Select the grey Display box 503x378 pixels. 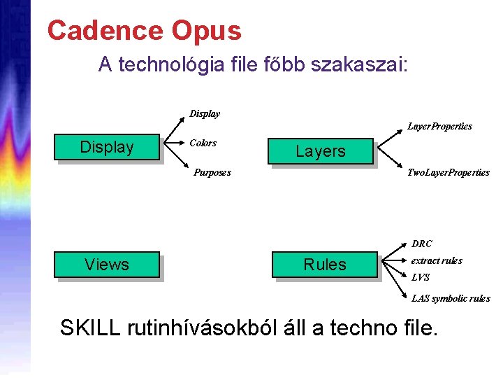tap(107, 147)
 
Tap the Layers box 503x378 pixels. tap(321, 151)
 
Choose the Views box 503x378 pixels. tap(107, 264)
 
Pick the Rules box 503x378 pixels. tap(325, 265)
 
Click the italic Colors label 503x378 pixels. tap(203, 143)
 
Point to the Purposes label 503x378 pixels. tap(212, 171)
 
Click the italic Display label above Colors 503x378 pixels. tap(205, 113)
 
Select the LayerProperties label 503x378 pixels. tap(439, 127)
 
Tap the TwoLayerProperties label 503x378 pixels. tap(448, 172)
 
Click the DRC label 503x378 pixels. tap(422, 244)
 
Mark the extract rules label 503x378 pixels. tap(437, 260)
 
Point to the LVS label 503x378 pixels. tap(421, 277)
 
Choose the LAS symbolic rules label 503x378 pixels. tap(451, 298)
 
